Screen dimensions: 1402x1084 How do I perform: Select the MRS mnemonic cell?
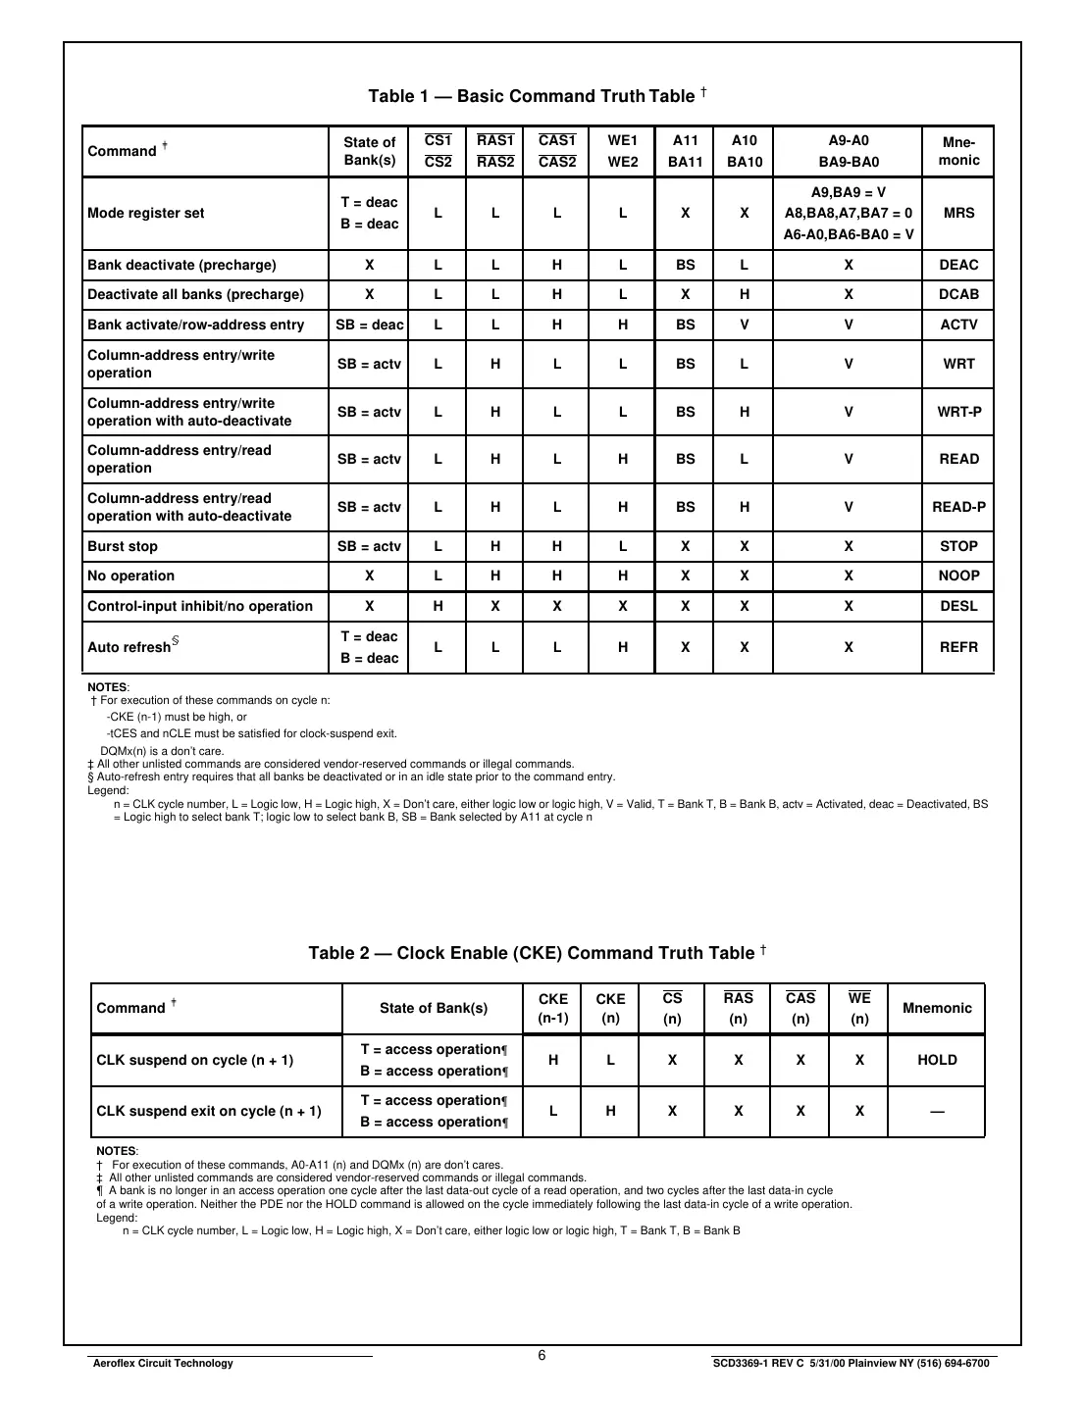tap(958, 213)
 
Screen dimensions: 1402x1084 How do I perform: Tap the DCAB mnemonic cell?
tap(958, 294)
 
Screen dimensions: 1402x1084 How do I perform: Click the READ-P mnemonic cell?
tap(958, 507)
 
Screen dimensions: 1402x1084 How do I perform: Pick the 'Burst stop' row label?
tap(123, 546)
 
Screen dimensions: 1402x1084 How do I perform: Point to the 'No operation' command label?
tap(131, 576)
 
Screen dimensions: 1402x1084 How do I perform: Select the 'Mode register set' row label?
tap(146, 213)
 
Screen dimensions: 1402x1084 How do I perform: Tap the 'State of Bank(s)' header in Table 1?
tap(370, 151)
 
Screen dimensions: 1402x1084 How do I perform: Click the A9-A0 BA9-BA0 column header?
tap(849, 151)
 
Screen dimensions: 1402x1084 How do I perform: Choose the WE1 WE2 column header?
tap(622, 151)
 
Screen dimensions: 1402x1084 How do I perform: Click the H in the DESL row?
tap(438, 606)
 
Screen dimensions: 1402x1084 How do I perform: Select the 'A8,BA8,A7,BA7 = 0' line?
tap(849, 213)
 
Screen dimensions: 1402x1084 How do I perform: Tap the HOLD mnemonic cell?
tap(937, 1060)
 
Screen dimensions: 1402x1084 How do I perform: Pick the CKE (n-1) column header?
tap(553, 1008)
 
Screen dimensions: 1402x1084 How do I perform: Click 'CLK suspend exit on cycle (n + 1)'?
tap(209, 1111)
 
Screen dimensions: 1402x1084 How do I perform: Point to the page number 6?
tap(542, 1356)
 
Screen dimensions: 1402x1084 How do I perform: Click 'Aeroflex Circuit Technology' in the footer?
tap(161, 1363)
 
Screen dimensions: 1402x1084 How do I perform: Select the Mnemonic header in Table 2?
tap(937, 1008)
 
